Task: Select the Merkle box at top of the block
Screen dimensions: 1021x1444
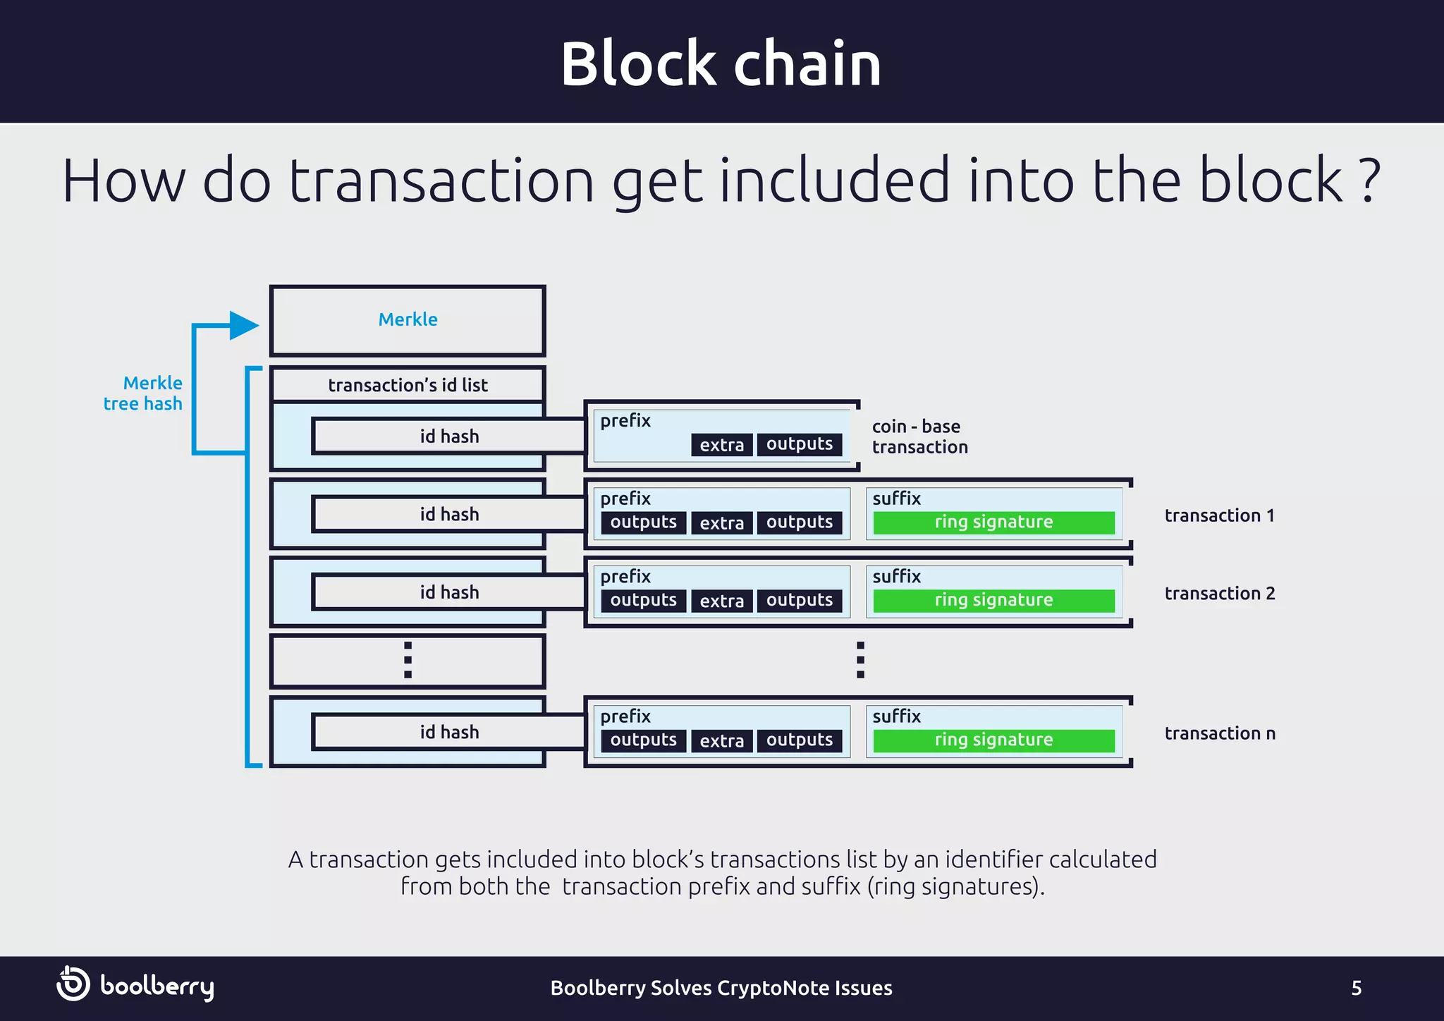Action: [408, 320]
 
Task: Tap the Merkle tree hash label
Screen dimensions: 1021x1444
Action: [143, 393]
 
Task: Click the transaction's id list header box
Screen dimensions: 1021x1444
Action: [408, 385]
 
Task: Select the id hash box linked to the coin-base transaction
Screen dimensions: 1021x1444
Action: [449, 436]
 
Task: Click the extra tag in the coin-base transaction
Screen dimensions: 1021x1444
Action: [721, 445]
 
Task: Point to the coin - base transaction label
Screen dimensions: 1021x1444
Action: [919, 436]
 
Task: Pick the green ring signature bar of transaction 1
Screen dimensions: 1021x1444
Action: [993, 522]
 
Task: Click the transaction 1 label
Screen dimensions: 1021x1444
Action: [1219, 515]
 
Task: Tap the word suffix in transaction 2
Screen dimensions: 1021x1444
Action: [896, 576]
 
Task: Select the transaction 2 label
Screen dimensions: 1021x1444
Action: [1219, 594]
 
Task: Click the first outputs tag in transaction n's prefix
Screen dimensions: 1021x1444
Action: [643, 740]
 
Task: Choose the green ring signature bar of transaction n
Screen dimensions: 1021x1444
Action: [993, 740]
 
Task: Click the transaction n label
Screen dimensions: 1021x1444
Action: [1219, 733]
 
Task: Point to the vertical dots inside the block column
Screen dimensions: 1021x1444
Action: [408, 660]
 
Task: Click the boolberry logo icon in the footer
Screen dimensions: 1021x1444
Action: [73, 984]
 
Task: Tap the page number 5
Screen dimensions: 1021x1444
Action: [1356, 988]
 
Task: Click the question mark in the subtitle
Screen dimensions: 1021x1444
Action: [1368, 182]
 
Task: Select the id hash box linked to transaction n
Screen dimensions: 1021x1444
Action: [449, 732]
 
